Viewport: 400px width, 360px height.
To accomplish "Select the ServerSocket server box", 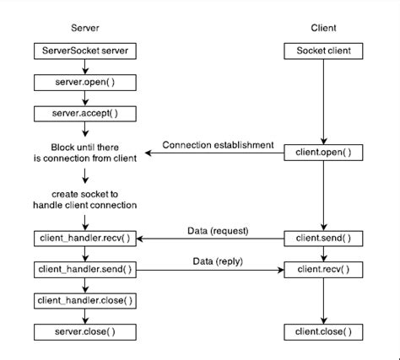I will coord(84,51).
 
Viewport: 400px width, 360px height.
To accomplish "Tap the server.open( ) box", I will coord(84,82).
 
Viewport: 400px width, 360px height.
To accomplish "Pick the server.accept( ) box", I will coord(84,112).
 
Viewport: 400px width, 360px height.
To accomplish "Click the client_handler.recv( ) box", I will coord(84,239).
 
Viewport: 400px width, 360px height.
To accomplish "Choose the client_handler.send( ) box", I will coord(84,270).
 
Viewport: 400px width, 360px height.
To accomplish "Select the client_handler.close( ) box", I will coord(84,300).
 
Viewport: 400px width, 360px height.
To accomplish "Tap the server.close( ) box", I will coord(84,330).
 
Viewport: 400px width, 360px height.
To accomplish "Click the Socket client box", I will coord(323,51).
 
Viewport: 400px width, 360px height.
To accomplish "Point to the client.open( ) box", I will coord(323,153).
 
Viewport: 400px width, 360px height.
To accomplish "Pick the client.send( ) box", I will coord(323,239).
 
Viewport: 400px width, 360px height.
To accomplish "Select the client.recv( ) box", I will coord(323,270).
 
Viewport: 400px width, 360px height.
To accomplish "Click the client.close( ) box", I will coord(323,330).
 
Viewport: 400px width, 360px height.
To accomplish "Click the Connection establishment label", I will coord(218,144).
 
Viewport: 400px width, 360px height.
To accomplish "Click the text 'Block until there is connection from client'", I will coord(84,152).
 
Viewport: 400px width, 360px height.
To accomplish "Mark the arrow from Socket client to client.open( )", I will coord(323,101).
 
